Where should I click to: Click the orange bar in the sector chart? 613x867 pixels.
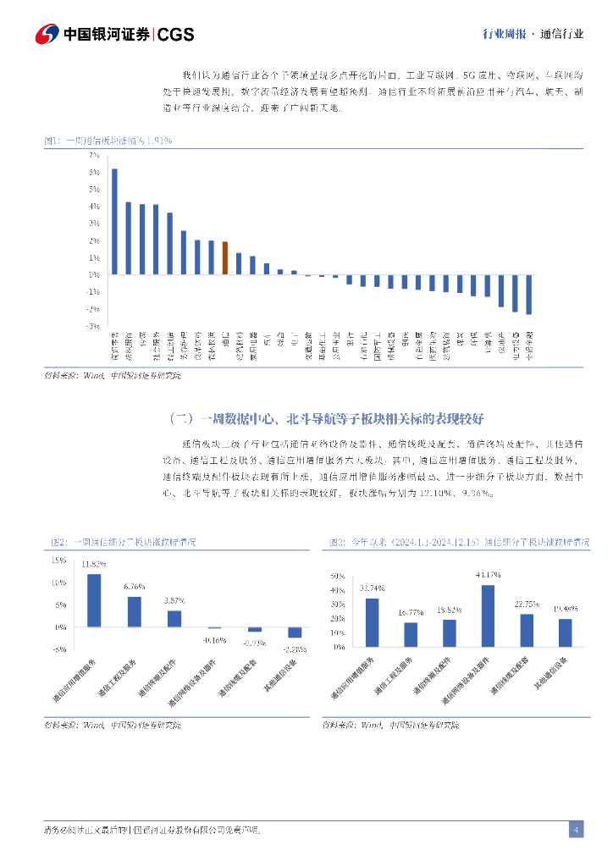[225, 257]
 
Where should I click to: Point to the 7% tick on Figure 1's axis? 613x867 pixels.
[94, 156]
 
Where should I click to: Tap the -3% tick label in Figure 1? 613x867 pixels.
[93, 326]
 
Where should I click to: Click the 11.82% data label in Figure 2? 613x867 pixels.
[93, 564]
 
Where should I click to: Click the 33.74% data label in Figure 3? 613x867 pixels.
[372, 588]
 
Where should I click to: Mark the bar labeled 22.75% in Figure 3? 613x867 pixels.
[527, 630]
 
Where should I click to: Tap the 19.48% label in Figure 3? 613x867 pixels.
[565, 609]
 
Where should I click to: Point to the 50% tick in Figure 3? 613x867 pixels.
[337, 576]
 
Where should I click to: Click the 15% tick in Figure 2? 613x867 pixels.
[58, 561]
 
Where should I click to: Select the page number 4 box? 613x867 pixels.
[576, 830]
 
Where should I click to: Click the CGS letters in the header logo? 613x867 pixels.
[176, 34]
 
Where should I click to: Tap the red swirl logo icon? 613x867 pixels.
[47, 34]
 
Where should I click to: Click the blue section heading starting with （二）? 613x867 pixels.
[326, 418]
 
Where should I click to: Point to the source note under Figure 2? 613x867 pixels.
[112, 725]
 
